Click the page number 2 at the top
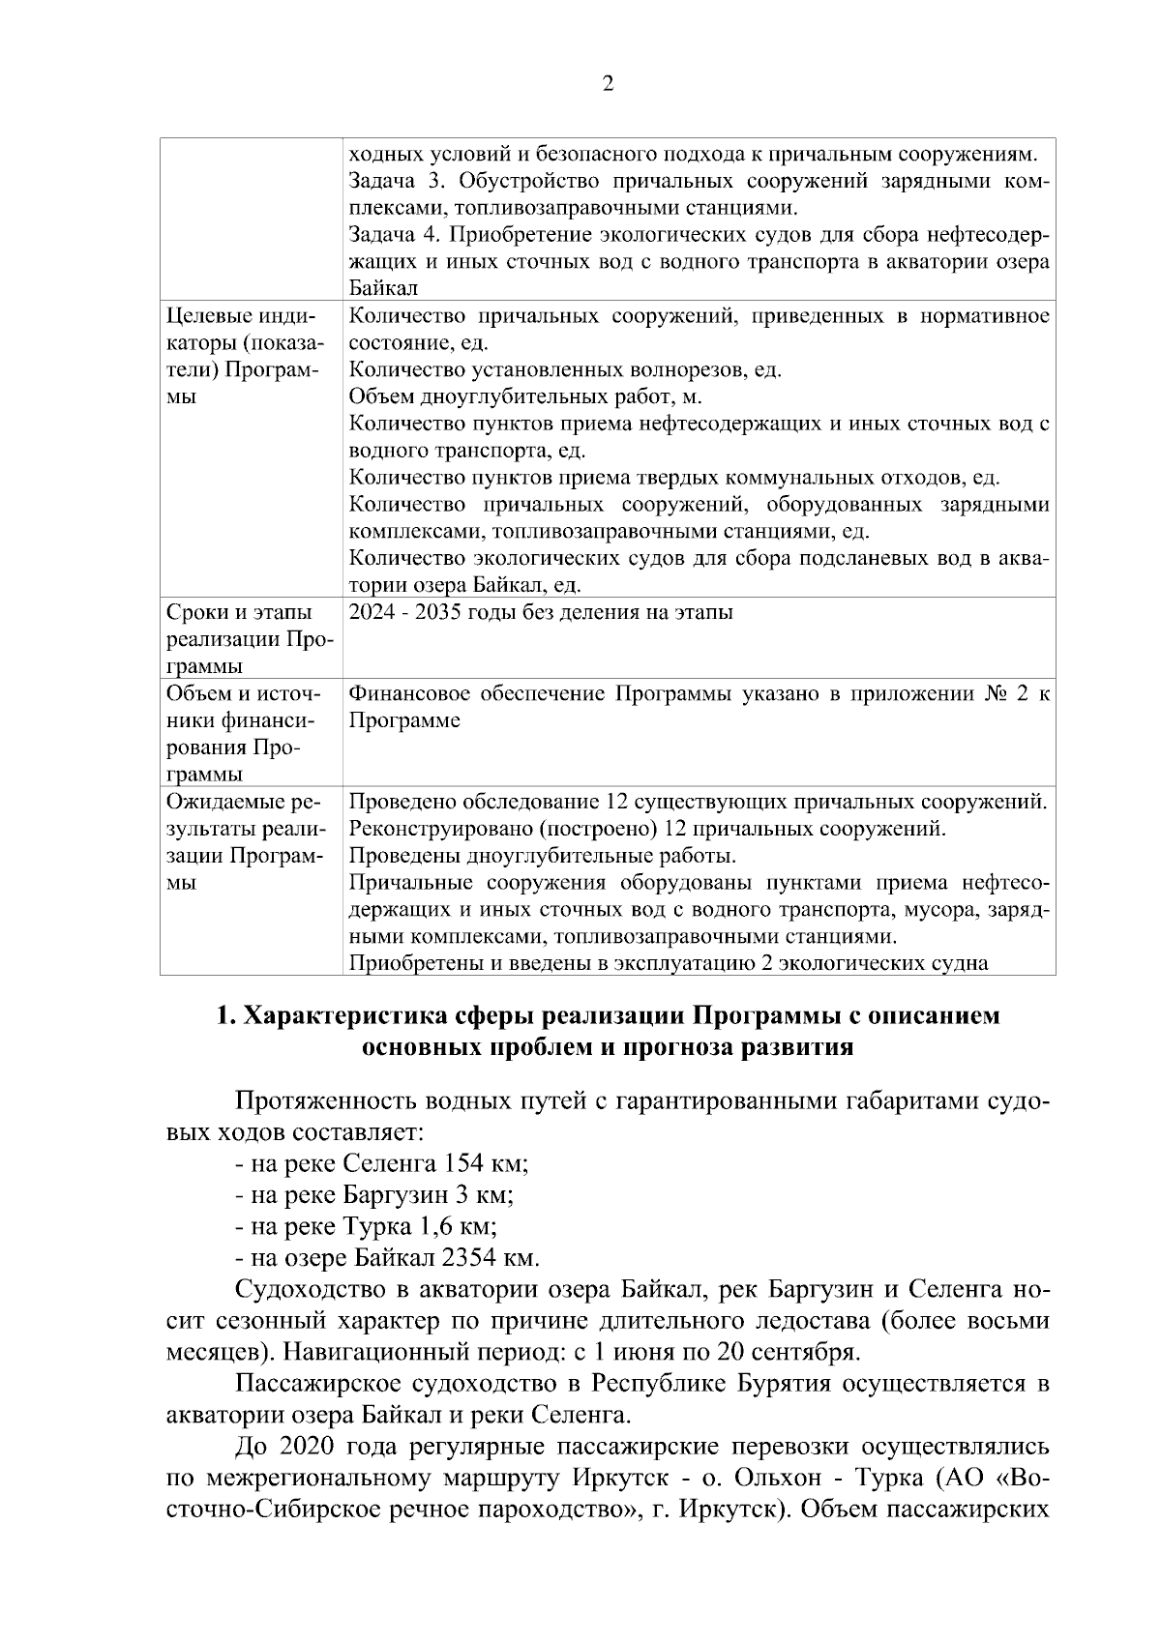pyautogui.click(x=608, y=84)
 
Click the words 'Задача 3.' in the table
pyautogui.click(x=392, y=181)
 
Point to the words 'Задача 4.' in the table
pyautogui.click(x=392, y=235)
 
